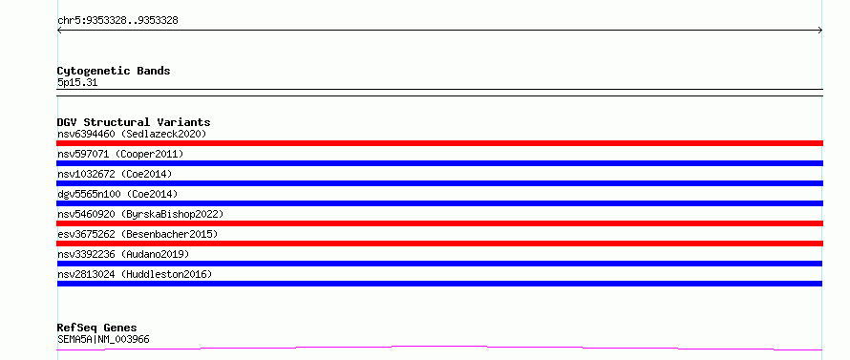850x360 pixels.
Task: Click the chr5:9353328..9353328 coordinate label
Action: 117,21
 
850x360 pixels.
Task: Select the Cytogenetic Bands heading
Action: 114,71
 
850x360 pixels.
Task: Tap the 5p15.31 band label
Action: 77,83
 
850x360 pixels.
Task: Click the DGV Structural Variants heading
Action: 134,122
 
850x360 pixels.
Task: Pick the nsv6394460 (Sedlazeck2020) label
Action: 132,134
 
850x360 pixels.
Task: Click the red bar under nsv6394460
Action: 439,143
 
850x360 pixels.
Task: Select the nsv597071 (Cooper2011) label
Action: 120,154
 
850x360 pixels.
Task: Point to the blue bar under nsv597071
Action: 439,163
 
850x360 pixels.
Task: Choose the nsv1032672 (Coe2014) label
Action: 115,174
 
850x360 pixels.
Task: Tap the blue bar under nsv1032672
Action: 439,183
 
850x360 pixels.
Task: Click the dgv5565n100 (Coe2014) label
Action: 117,194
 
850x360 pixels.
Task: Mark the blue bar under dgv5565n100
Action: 439,203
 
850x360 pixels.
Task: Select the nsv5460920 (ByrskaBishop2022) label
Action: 140,214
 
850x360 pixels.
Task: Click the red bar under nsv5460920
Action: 439,223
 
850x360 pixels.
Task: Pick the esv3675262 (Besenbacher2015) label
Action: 138,234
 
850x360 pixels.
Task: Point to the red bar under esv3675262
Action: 439,244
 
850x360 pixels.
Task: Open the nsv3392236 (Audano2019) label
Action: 123,254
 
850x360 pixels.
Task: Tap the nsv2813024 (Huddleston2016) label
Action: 135,274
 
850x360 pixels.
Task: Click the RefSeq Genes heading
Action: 97,328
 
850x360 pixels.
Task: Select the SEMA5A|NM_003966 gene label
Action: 103,339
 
